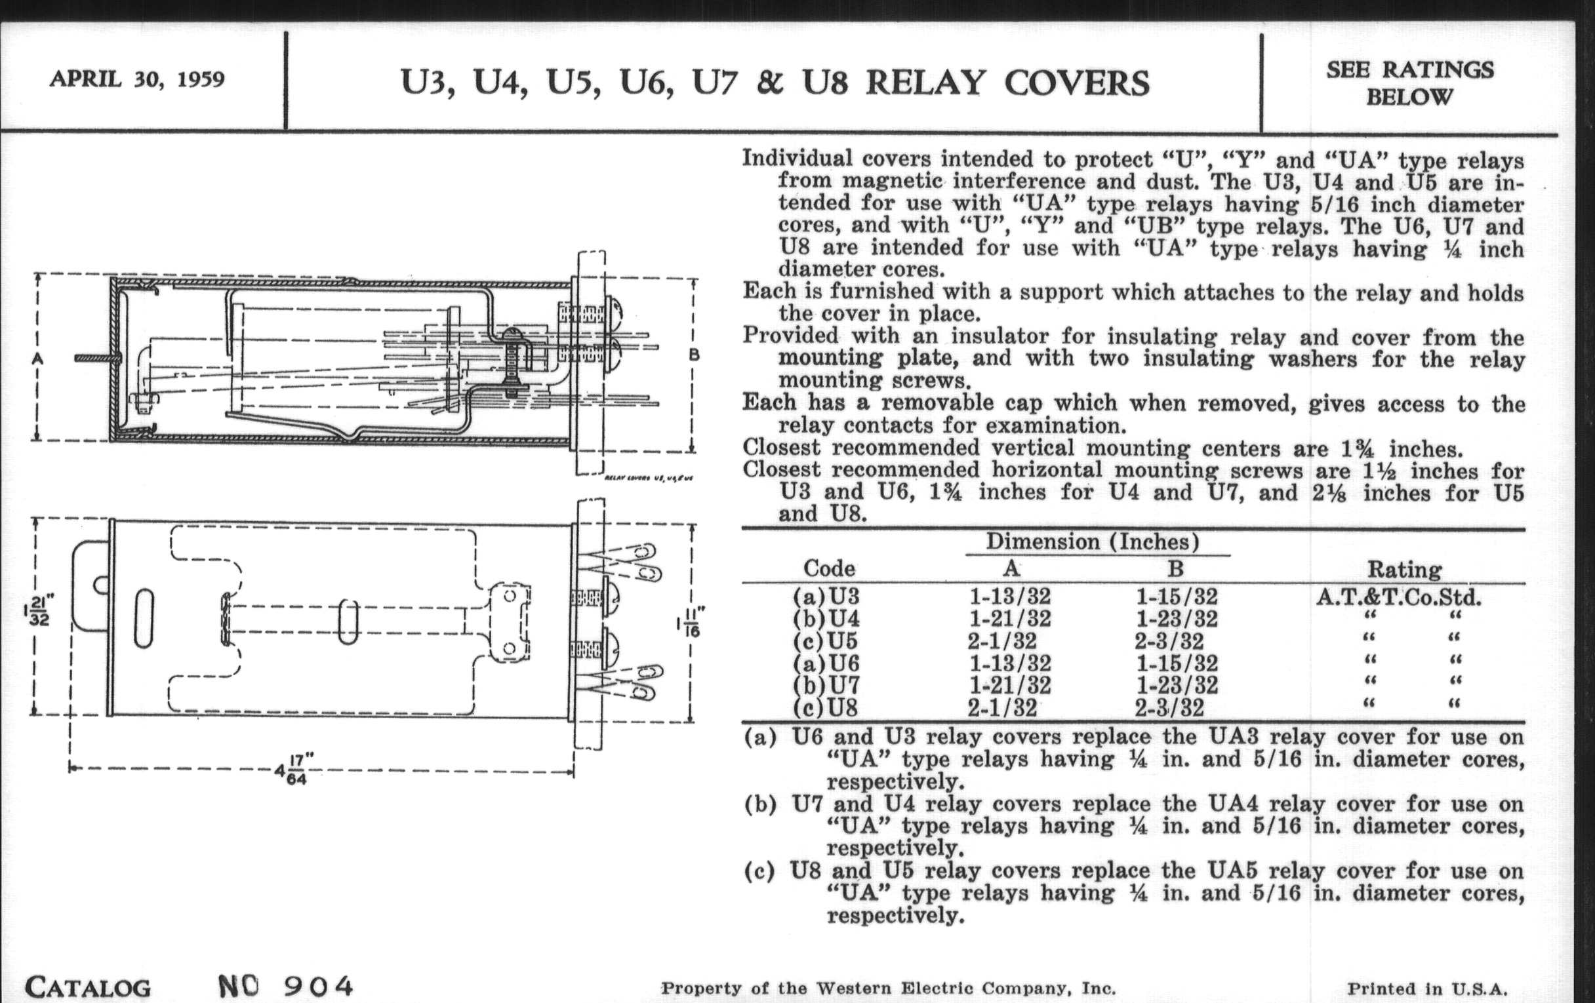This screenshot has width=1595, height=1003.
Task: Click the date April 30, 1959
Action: (x=137, y=79)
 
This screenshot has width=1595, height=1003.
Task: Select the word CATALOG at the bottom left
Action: (x=88, y=988)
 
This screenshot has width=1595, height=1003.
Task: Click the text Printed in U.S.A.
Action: (x=1426, y=989)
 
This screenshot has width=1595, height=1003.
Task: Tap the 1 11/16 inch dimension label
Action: (x=691, y=622)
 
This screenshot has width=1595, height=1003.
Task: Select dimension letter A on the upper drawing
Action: (x=37, y=358)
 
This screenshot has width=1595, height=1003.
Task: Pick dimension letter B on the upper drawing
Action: (x=693, y=355)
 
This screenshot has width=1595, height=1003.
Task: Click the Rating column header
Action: (x=1404, y=570)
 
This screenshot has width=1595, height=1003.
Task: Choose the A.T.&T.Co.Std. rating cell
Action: (x=1398, y=598)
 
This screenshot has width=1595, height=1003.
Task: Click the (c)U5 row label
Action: (x=825, y=641)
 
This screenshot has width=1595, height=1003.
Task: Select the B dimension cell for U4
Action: (x=1177, y=619)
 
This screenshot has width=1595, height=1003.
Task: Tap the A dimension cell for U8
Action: (x=1001, y=709)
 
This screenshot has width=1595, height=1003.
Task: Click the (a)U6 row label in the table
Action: (x=825, y=663)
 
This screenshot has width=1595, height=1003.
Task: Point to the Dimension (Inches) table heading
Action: (x=1093, y=542)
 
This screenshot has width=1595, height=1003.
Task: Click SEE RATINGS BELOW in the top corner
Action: (x=1409, y=83)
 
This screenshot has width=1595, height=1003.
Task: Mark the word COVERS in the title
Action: (x=1077, y=83)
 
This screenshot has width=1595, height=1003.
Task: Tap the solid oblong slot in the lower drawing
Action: (x=144, y=618)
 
